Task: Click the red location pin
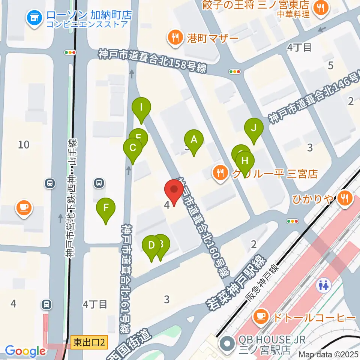point(174,190)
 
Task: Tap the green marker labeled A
point(194,141)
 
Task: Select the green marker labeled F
point(106,208)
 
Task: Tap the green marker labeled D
point(151,246)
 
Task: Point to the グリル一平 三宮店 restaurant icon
point(220,173)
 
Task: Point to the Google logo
point(25,351)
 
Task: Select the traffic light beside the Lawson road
point(70,53)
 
